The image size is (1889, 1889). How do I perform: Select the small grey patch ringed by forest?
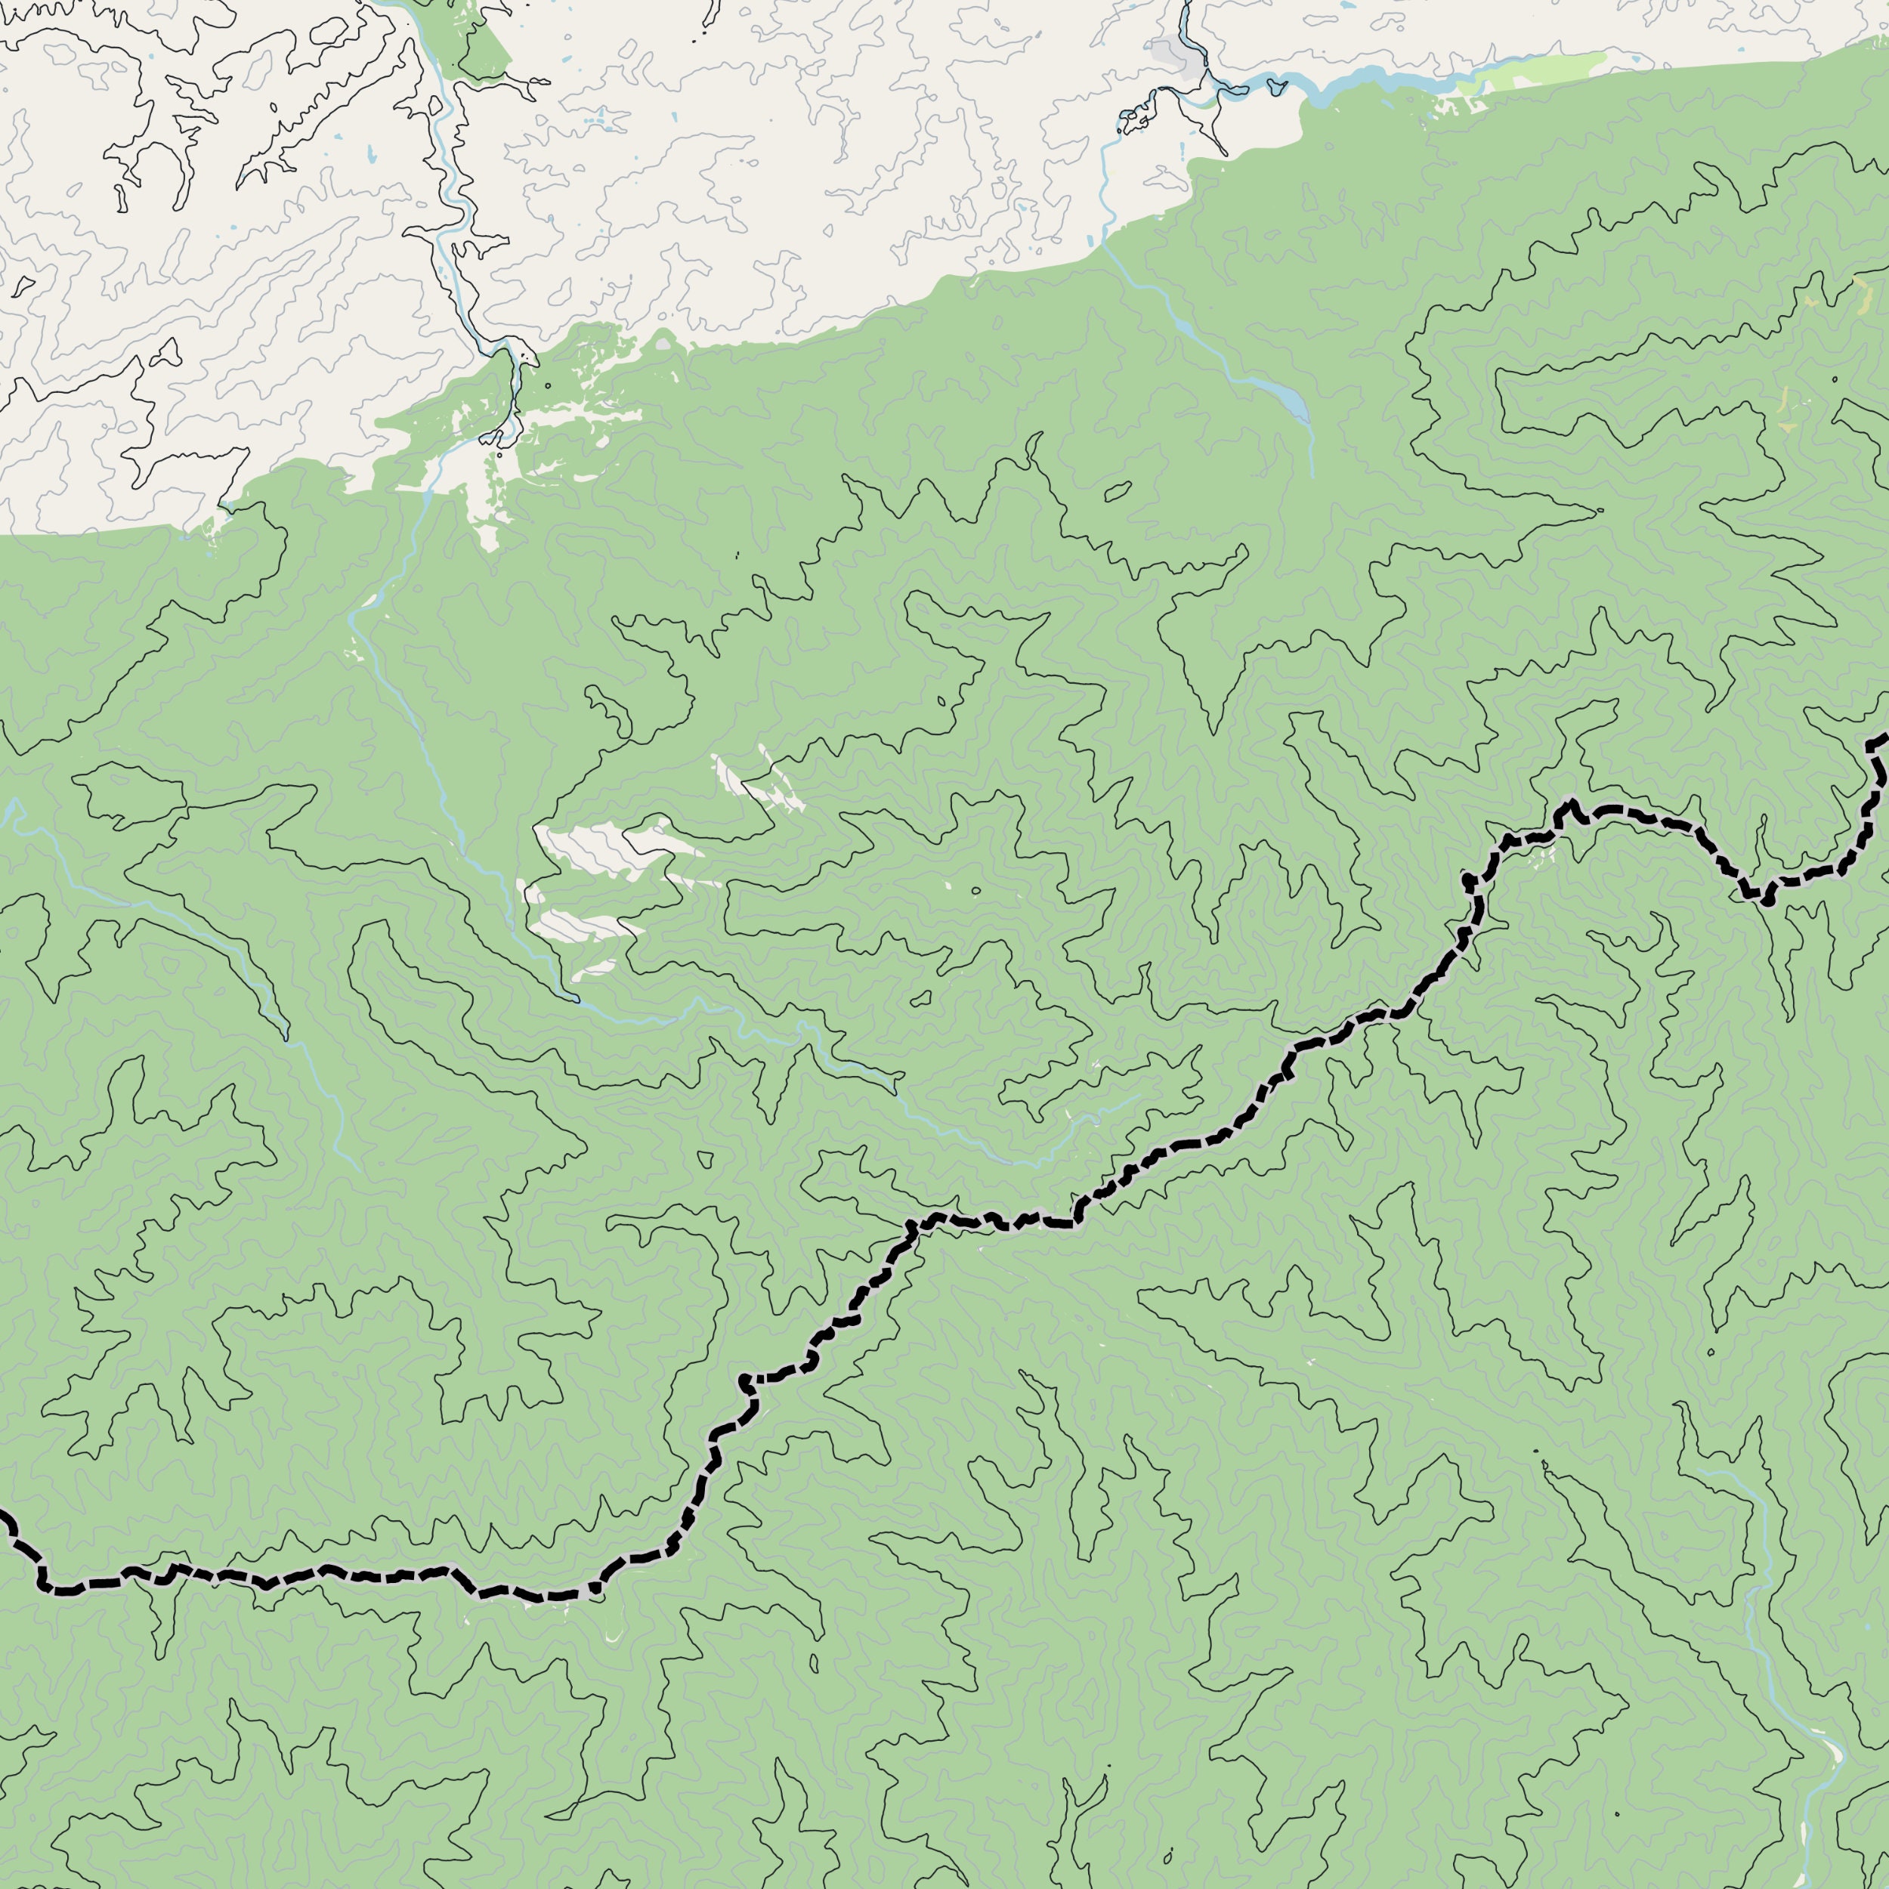(x=664, y=343)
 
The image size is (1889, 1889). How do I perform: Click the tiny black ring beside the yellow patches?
(x=1835, y=379)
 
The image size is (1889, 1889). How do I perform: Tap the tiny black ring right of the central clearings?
(x=975, y=891)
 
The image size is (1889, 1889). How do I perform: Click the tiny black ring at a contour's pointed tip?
(x=1600, y=510)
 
